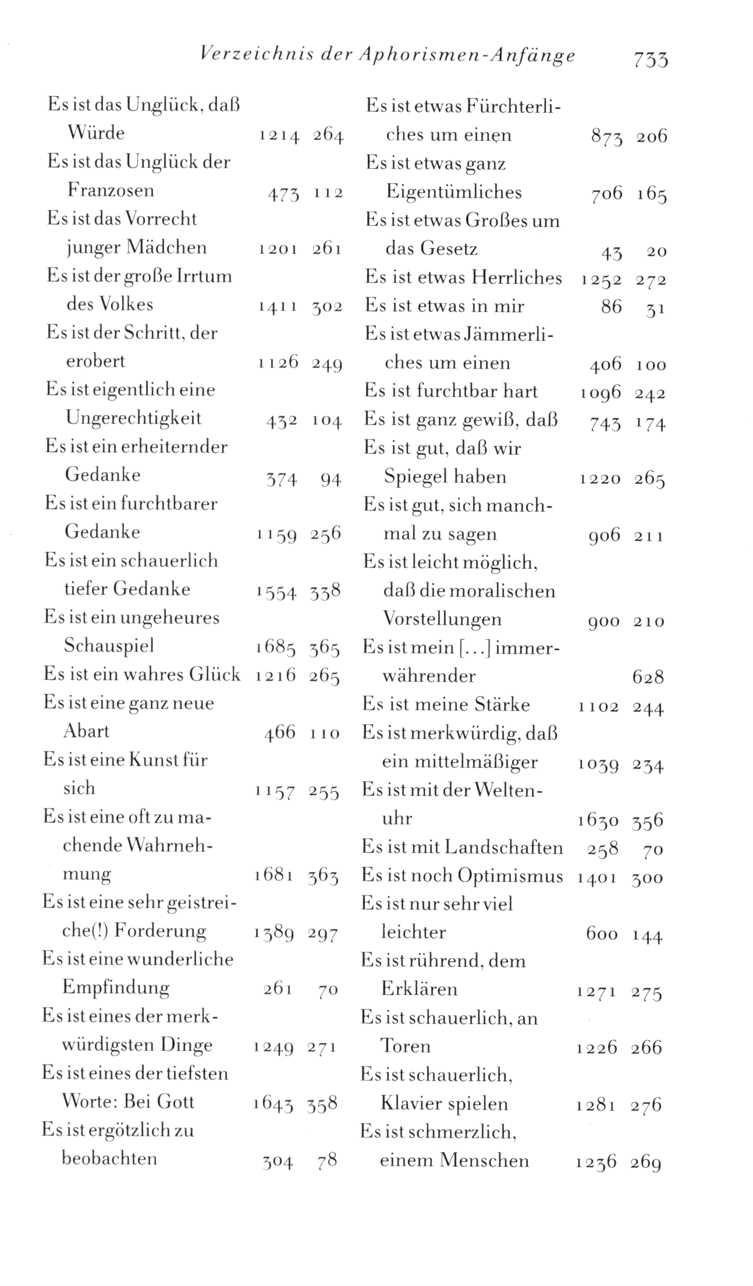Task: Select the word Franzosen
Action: (x=111, y=190)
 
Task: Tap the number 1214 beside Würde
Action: (x=279, y=136)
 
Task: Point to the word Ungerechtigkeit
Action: (x=133, y=418)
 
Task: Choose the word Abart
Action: (x=86, y=731)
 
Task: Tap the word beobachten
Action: (x=109, y=1158)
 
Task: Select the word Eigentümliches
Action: (x=454, y=192)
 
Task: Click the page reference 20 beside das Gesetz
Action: (x=656, y=252)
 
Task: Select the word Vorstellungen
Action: (x=442, y=619)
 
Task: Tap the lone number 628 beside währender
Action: (x=648, y=677)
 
